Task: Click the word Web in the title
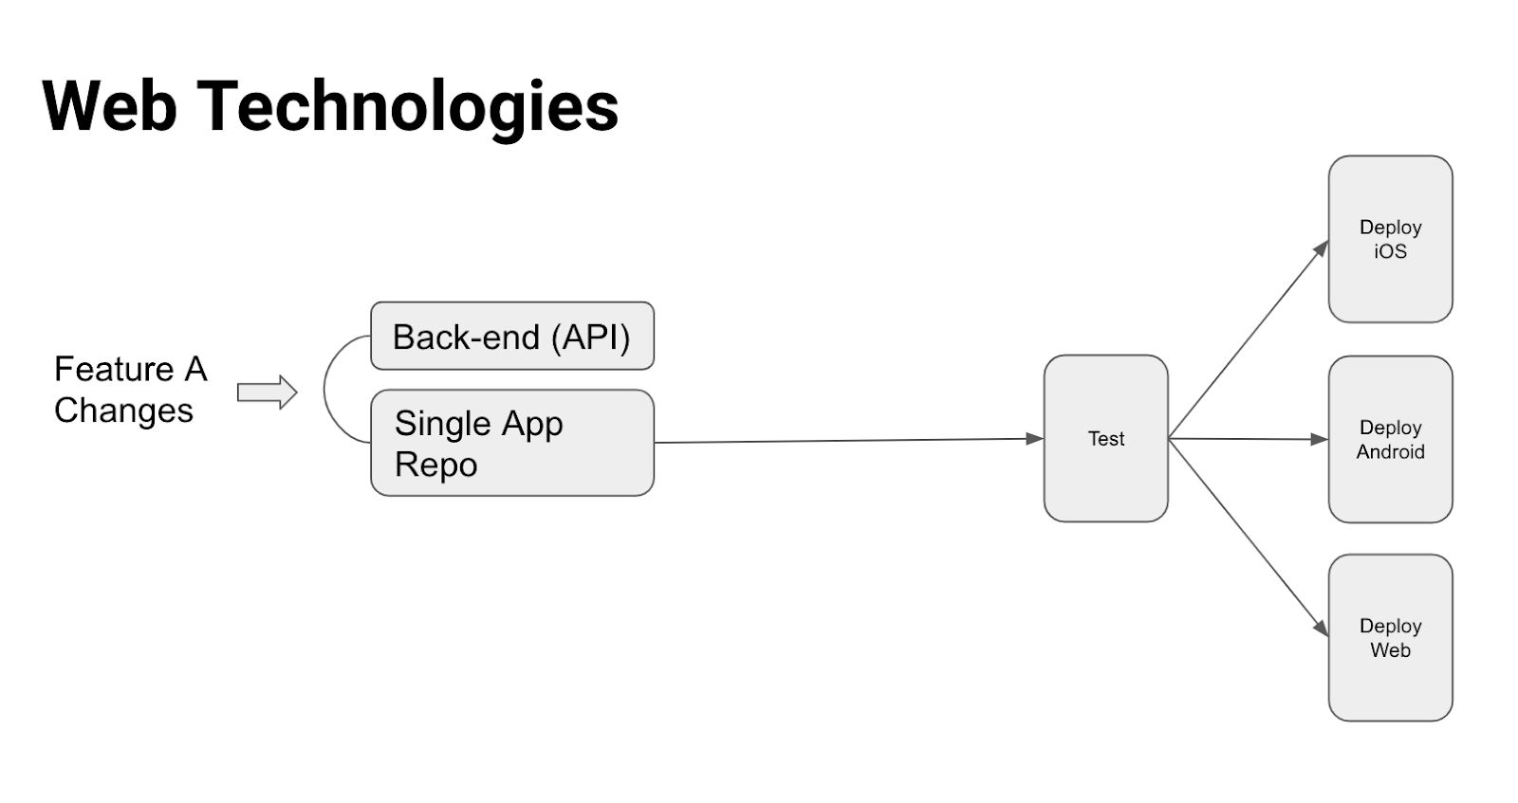coord(110,105)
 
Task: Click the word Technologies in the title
coord(408,110)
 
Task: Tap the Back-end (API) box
coord(512,336)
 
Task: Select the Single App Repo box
coord(512,443)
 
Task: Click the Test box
coord(1106,438)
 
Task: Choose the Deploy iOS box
coord(1391,239)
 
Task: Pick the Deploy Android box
coord(1391,439)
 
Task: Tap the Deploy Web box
coord(1391,638)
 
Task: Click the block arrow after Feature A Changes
coord(267,392)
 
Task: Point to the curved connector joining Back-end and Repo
coord(324,390)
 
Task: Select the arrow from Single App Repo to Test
coord(849,441)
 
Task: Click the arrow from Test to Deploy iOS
coord(1249,338)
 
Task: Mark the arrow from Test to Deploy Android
coord(1249,439)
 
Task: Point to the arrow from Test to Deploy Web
coord(1249,538)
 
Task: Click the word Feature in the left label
coord(115,370)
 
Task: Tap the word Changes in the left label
coord(124,411)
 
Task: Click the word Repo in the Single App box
coord(436,465)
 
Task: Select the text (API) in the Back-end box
coord(591,338)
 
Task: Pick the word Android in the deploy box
coord(1391,451)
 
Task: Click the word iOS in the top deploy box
coord(1391,251)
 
